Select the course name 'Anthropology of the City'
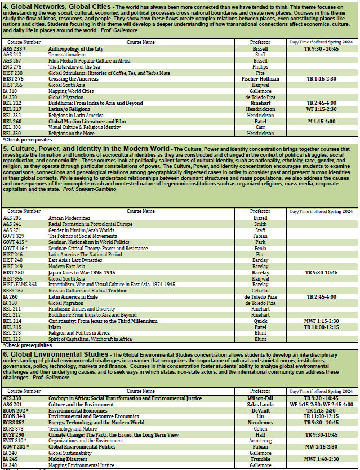[x=77, y=49]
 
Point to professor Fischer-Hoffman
[x=260, y=79]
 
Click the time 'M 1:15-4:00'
[x=322, y=121]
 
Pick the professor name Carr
[x=260, y=127]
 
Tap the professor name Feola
[x=260, y=247]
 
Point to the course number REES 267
[x=15, y=290]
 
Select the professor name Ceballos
[x=260, y=290]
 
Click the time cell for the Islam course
[x=322, y=327]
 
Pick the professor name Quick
[x=260, y=321]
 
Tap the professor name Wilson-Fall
[x=260, y=398]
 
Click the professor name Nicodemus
[x=260, y=422]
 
